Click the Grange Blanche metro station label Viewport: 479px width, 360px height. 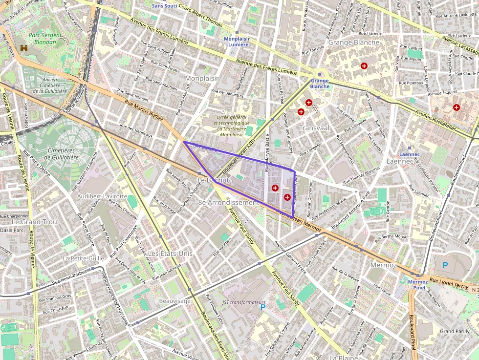pyautogui.click(x=320, y=84)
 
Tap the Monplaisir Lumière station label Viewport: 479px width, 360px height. pyautogui.click(x=236, y=41)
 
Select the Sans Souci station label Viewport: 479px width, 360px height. pyautogui.click(x=164, y=6)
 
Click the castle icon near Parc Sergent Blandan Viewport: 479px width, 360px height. pyautogui.click(x=23, y=48)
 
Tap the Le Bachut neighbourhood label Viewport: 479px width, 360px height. pyautogui.click(x=213, y=180)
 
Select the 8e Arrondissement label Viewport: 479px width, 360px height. pyautogui.click(x=228, y=202)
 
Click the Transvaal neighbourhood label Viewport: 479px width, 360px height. pyautogui.click(x=314, y=127)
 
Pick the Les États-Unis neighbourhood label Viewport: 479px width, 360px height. pyautogui.click(x=170, y=254)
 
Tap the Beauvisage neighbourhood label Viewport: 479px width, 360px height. pyautogui.click(x=174, y=301)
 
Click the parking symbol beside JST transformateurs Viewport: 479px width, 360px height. pyautogui.click(x=263, y=307)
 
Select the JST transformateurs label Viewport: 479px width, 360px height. pyautogui.click(x=244, y=302)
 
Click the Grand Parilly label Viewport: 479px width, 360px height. pyautogui.click(x=455, y=331)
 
